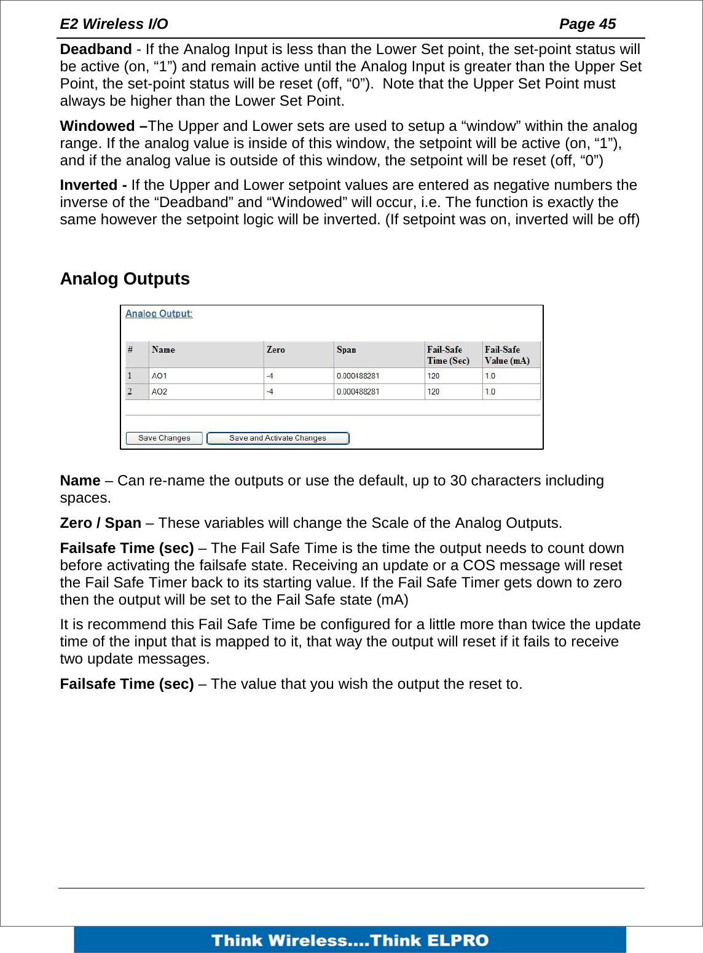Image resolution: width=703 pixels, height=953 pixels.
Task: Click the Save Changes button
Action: click(164, 438)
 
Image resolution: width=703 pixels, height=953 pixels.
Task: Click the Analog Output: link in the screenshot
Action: click(159, 313)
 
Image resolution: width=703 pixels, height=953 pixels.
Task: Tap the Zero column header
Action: click(276, 350)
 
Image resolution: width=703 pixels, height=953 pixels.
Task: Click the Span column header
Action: click(347, 350)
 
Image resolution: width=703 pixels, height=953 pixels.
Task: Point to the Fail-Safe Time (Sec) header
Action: click(448, 355)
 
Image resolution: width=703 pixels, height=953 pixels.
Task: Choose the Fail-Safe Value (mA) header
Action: click(507, 355)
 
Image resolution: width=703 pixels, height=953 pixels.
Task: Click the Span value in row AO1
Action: click(358, 376)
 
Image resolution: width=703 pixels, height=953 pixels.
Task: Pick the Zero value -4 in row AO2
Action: click(270, 391)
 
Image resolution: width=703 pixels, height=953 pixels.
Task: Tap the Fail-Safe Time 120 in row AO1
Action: click(434, 376)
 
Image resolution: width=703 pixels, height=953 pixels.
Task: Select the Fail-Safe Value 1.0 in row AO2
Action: click(490, 391)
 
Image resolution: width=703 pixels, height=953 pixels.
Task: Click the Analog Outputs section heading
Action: click(125, 279)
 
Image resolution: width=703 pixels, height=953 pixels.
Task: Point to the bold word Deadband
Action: click(96, 49)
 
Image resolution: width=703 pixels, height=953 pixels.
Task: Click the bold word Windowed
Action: click(98, 126)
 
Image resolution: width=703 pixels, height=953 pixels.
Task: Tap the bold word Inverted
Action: click(89, 185)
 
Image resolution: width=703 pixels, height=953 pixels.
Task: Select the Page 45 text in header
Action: click(587, 24)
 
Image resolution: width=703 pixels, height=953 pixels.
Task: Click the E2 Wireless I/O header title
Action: click(114, 24)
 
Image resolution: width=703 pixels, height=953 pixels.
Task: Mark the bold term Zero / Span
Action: click(101, 523)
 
